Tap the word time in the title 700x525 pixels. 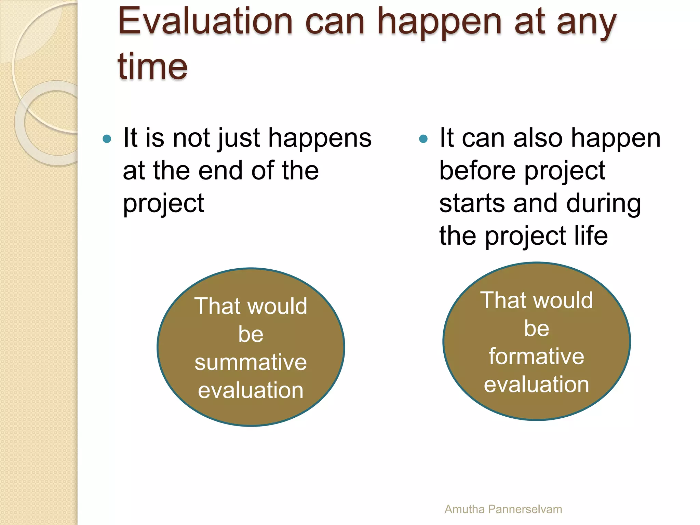pyautogui.click(x=152, y=66)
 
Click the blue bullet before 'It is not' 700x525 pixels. pyautogui.click(x=107, y=139)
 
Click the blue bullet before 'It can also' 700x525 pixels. pyautogui.click(x=423, y=139)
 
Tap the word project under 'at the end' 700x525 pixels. pyautogui.click(x=163, y=203)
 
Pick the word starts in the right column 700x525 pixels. pyautogui.click(x=472, y=203)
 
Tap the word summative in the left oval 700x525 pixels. pyautogui.click(x=251, y=362)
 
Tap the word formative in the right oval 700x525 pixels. pyautogui.click(x=536, y=356)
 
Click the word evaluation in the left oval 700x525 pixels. pyautogui.click(x=251, y=390)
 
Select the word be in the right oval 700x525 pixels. pyautogui.click(x=536, y=328)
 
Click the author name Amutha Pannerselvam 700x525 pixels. pyautogui.click(x=503, y=509)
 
